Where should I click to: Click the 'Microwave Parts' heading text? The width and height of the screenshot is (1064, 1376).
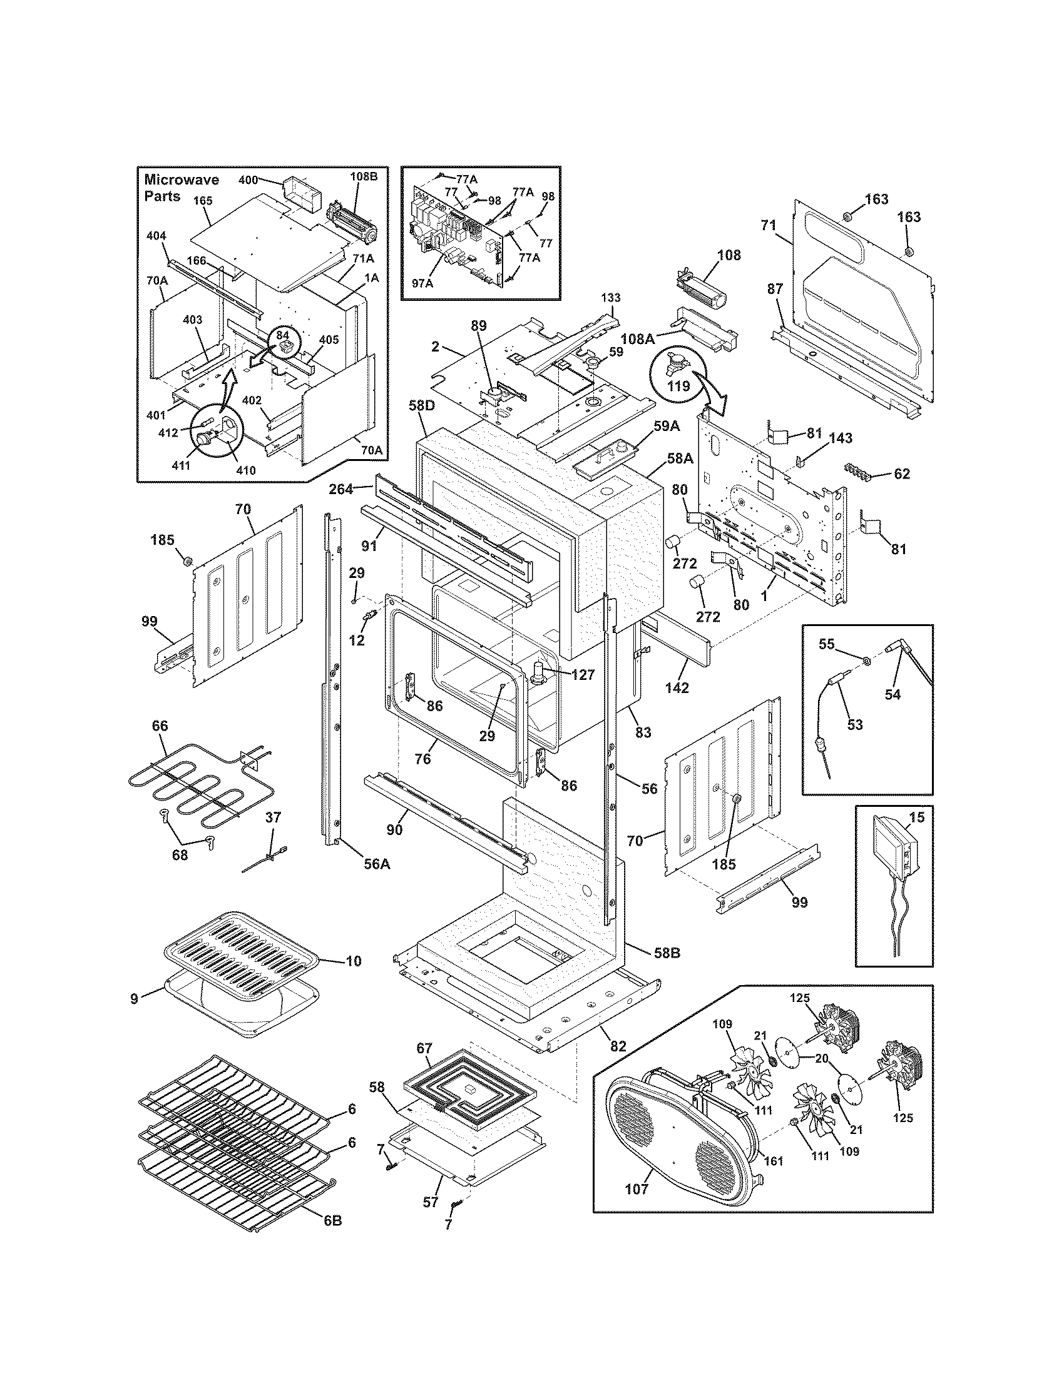click(x=182, y=188)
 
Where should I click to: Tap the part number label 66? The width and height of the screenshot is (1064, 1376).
click(x=160, y=726)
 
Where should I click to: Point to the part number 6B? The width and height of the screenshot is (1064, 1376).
click(x=332, y=1238)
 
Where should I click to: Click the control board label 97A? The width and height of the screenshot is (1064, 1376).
click(x=423, y=283)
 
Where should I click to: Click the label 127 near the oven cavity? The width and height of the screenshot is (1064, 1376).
click(x=583, y=675)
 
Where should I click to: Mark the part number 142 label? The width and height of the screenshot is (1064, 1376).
click(x=677, y=688)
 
